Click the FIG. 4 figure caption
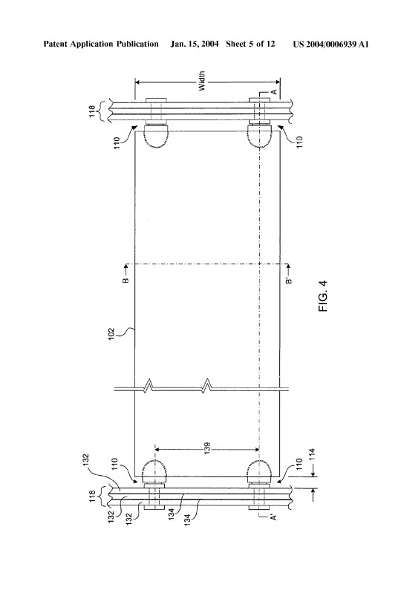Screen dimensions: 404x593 tap(323, 295)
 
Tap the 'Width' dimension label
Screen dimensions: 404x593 tap(201, 81)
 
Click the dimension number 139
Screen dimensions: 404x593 tap(207, 449)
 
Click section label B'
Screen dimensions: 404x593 tap(289, 281)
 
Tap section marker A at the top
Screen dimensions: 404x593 tap(275, 91)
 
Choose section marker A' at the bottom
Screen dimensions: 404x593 tap(275, 516)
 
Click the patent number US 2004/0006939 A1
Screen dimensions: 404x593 tap(330, 45)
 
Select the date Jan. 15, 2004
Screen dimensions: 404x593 tap(195, 45)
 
